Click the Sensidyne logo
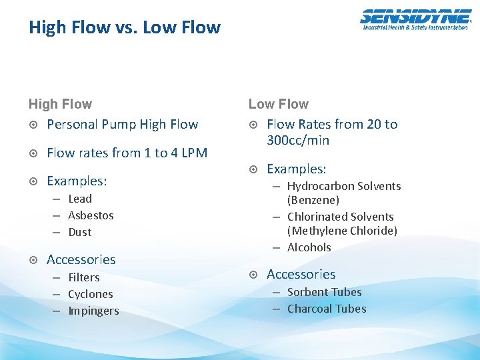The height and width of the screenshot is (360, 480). [415, 20]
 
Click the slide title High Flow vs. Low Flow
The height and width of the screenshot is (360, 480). [125, 27]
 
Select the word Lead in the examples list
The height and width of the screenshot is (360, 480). [80, 199]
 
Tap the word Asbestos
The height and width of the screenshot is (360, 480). [91, 215]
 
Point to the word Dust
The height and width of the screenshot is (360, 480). [80, 232]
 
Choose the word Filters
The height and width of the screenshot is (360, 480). [84, 277]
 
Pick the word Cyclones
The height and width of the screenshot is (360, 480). [91, 294]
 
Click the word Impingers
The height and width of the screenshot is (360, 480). [93, 311]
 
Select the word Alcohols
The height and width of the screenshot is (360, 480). [309, 247]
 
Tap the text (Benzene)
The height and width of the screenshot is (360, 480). [313, 200]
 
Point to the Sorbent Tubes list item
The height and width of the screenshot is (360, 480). [325, 292]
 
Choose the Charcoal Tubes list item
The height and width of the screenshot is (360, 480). [327, 309]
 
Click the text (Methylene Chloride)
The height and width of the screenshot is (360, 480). [342, 231]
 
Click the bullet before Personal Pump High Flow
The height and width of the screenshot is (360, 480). [33, 125]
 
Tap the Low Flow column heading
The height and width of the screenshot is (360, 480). [279, 104]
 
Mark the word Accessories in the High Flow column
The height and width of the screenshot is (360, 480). [81, 259]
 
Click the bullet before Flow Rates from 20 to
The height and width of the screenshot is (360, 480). [253, 125]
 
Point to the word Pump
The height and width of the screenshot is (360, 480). [119, 124]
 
